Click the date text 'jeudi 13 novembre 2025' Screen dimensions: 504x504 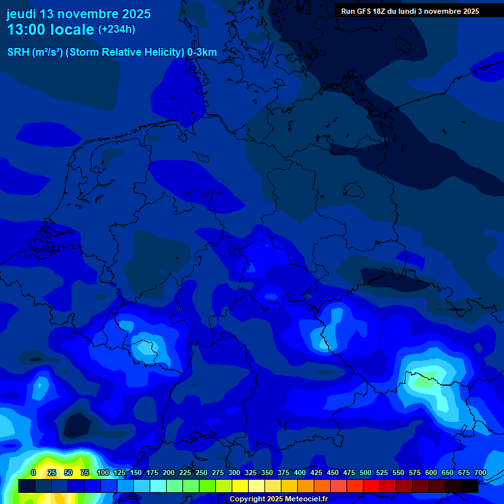[x=78, y=14]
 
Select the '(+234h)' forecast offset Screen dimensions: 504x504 [x=117, y=30]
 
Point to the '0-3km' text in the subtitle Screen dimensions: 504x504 [x=202, y=52]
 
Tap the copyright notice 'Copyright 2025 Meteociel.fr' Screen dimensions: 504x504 [x=278, y=499]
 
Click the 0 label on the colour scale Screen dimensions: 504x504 [x=33, y=472]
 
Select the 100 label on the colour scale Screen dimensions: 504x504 [x=103, y=472]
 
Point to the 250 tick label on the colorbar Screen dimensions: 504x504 [x=201, y=472]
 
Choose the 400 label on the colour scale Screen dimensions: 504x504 [x=300, y=472]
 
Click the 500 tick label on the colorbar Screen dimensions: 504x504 [x=366, y=472]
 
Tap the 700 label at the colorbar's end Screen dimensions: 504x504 [x=480, y=472]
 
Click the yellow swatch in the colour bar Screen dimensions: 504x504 [x=240, y=486]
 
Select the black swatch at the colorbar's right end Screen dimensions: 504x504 [x=470, y=486]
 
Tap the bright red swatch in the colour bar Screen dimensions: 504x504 [x=371, y=486]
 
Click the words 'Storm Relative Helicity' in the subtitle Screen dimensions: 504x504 [x=125, y=52]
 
